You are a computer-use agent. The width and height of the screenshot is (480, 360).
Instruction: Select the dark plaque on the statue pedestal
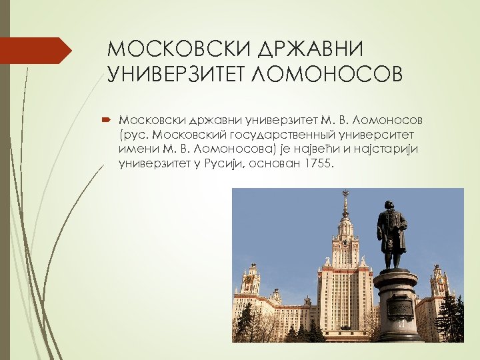point(399,308)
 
